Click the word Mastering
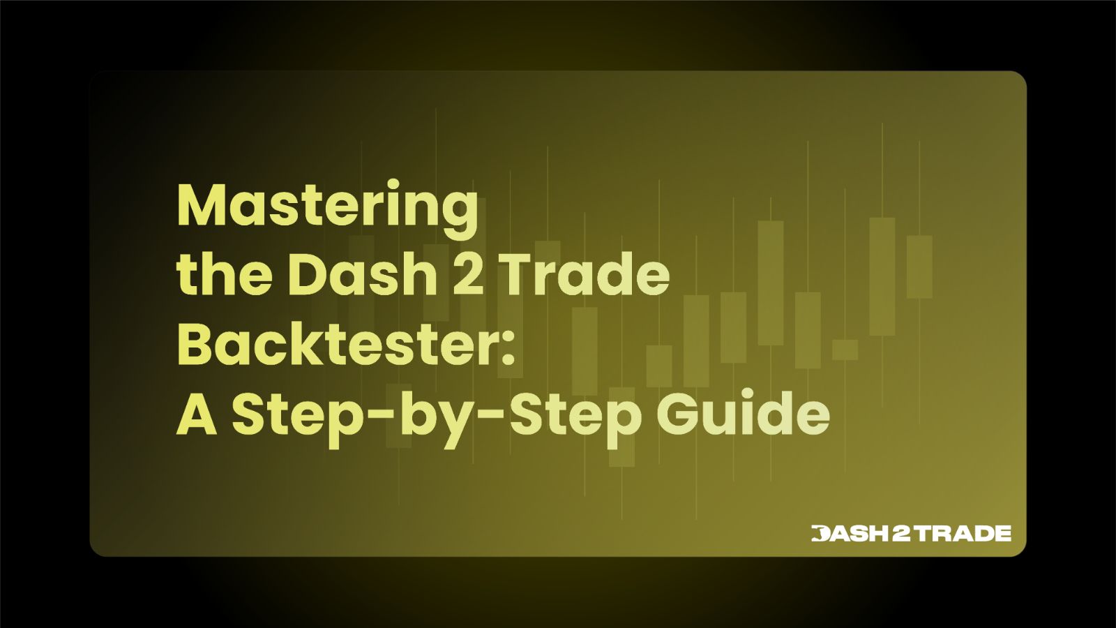(328, 207)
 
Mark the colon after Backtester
(508, 349)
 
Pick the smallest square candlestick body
(845, 350)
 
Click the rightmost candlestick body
(919, 267)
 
